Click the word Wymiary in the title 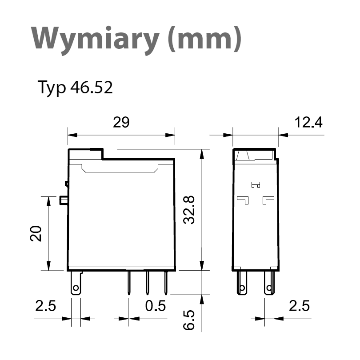[95, 40]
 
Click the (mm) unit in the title [204, 39]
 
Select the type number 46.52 [92, 87]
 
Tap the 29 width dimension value [121, 122]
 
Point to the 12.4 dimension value [308, 122]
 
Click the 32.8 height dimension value [189, 210]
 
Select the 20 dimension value [36, 233]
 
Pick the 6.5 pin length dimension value [189, 320]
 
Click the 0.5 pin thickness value [156, 306]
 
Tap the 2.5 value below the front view [45, 306]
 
